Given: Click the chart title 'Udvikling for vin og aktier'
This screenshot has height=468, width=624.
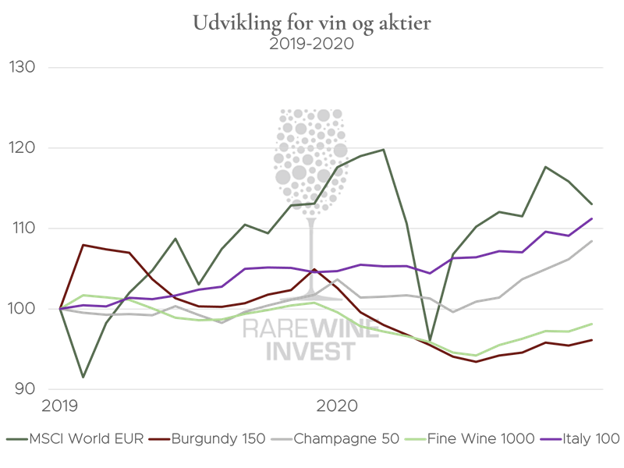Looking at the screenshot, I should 312,23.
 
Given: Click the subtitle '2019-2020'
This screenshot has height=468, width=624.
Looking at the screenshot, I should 312,44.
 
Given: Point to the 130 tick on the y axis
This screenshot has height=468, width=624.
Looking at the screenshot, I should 23,67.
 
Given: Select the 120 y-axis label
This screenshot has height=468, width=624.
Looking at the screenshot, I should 23,147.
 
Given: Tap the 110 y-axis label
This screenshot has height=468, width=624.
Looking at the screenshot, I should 23,229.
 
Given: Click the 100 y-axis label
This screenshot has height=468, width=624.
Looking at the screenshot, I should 23,309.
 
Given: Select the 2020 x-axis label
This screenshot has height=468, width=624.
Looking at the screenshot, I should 336,406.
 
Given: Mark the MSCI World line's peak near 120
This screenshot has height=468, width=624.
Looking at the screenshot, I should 384,149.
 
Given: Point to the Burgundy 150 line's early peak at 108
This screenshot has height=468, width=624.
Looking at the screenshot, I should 83,245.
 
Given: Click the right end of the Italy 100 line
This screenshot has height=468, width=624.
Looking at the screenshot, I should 593,218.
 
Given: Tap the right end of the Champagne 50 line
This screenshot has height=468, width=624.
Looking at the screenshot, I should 593,240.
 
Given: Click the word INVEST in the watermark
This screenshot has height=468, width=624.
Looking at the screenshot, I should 311,351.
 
